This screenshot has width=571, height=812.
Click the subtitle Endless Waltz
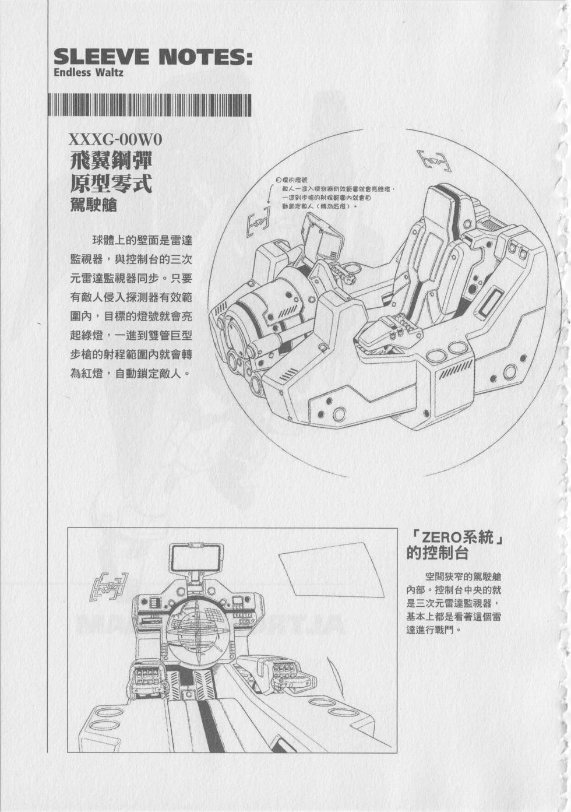click(x=88, y=73)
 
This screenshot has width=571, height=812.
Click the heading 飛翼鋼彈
click(x=111, y=161)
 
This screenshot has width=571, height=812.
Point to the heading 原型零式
click(x=111, y=184)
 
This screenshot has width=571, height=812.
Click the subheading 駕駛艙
click(x=93, y=205)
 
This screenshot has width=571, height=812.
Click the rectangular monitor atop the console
click(x=195, y=558)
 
